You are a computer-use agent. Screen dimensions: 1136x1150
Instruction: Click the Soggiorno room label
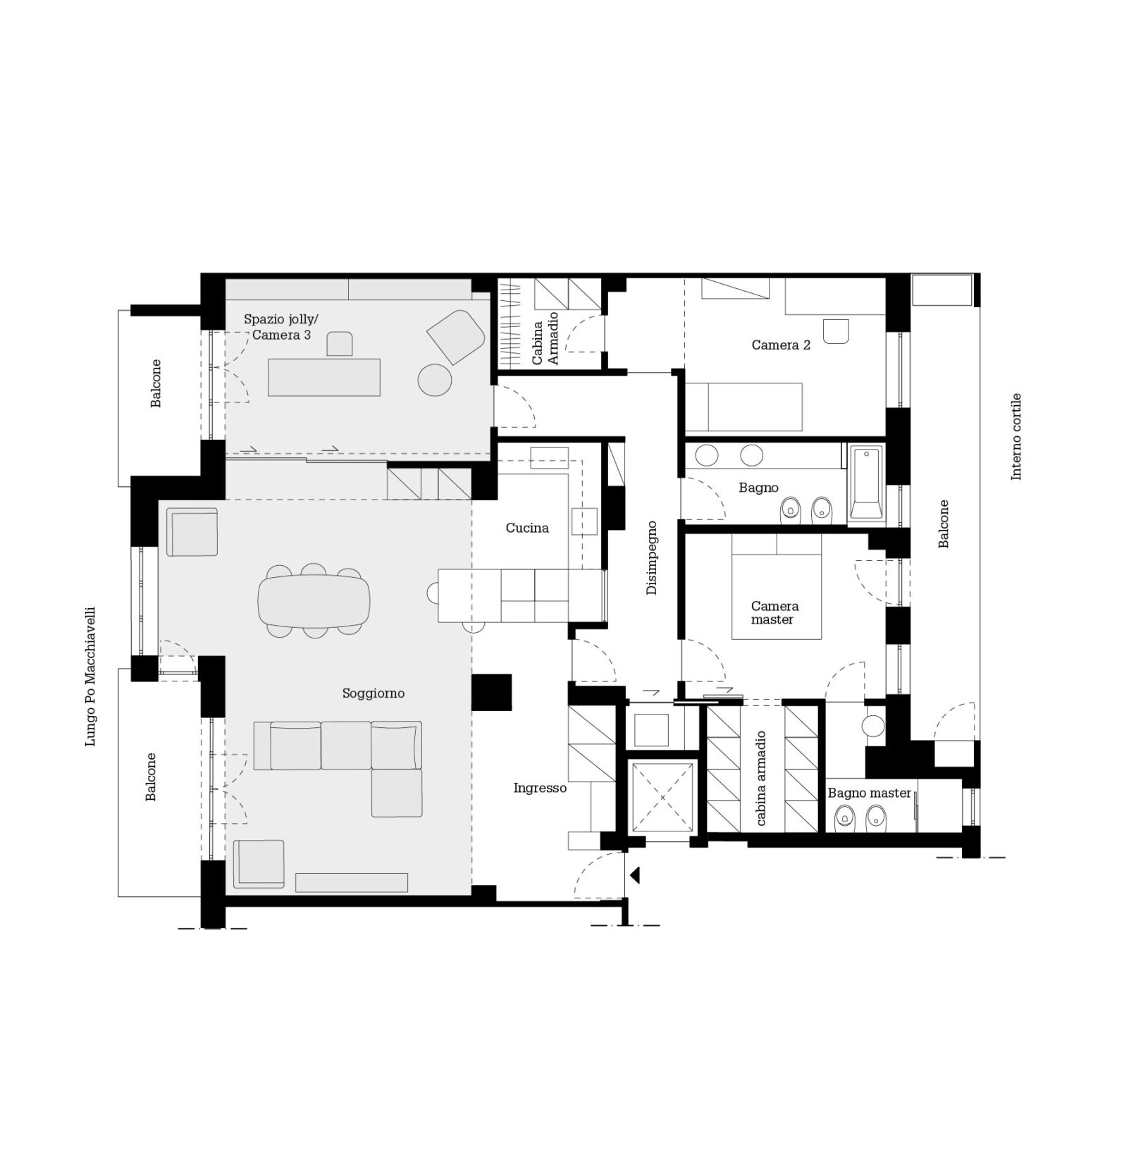pos(373,693)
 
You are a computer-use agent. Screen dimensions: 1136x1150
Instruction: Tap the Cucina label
pos(527,528)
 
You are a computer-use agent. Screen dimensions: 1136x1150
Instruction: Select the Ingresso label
pos(540,789)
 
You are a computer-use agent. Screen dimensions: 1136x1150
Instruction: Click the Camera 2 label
pos(781,345)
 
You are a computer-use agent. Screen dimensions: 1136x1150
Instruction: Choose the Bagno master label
pos(869,793)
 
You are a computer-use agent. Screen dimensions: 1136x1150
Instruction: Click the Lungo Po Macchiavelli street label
pos(90,676)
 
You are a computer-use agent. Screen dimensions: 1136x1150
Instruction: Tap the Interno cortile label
pos(1015,437)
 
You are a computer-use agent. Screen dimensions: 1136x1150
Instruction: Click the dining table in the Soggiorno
pos(314,601)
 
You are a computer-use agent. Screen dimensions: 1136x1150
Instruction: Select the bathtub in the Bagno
pos(866,483)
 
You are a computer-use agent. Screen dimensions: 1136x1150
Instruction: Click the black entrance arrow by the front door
pos(634,875)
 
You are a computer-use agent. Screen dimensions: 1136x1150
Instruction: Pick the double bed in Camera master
pos(777,586)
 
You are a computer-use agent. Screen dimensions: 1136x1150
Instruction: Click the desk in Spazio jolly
pos(324,377)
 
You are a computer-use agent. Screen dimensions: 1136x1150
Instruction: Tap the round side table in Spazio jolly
pos(435,380)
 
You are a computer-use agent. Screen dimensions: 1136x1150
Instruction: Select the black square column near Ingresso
pos(491,692)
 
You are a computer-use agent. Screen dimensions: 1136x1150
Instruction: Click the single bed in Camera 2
pos(744,407)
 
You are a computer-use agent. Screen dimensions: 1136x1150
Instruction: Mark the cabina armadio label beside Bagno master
pos(761,779)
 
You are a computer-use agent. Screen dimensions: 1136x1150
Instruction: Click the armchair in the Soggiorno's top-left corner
pos(192,532)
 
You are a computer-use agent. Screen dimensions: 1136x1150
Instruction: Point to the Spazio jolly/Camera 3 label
pos(281,327)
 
